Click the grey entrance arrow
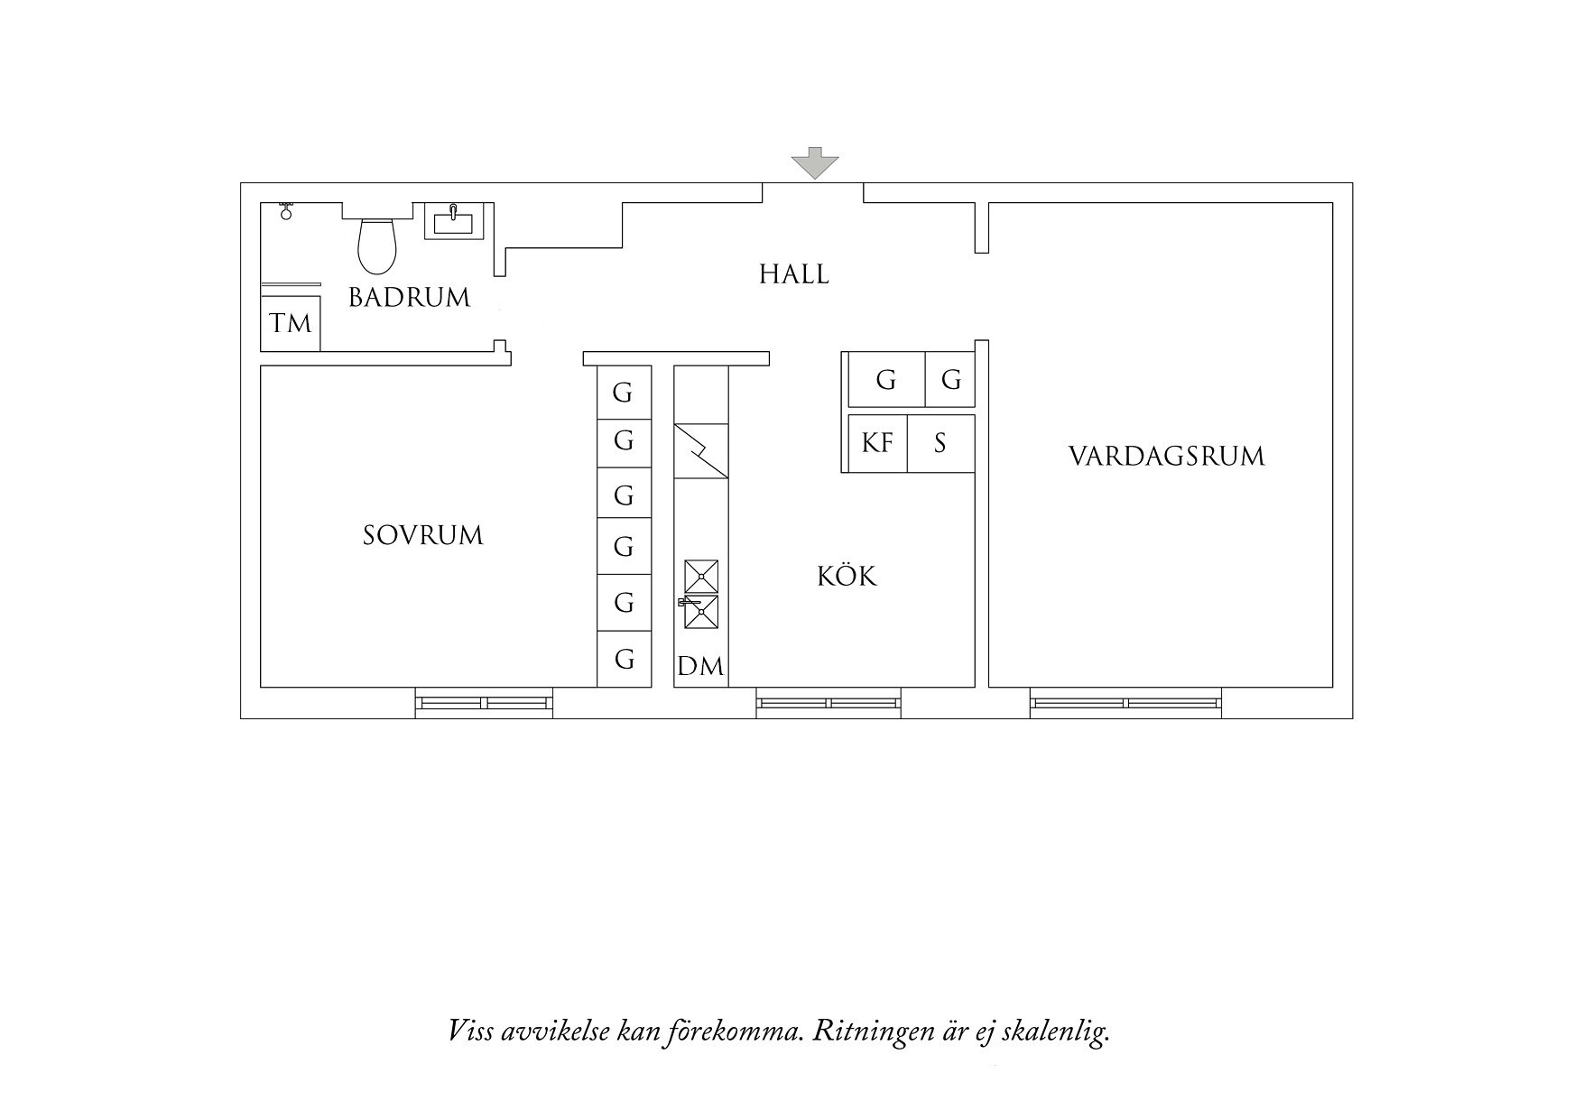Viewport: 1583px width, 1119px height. point(815,163)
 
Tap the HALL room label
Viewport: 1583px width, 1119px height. point(793,274)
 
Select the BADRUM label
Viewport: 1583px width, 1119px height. point(409,297)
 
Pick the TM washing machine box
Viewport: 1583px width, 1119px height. point(291,322)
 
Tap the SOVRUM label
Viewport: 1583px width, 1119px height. point(422,535)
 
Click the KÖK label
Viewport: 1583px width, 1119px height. point(847,576)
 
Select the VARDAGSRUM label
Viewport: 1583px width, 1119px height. point(1166,456)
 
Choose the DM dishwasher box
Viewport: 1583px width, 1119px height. point(700,666)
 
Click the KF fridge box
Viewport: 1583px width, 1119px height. point(877,443)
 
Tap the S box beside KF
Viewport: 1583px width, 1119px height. point(940,443)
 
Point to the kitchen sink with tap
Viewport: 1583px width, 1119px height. point(700,611)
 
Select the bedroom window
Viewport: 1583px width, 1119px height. point(484,702)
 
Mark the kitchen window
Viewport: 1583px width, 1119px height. point(828,702)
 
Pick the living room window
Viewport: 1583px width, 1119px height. point(1125,702)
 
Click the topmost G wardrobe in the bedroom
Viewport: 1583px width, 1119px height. point(624,393)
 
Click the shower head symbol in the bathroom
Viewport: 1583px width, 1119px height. point(286,212)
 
